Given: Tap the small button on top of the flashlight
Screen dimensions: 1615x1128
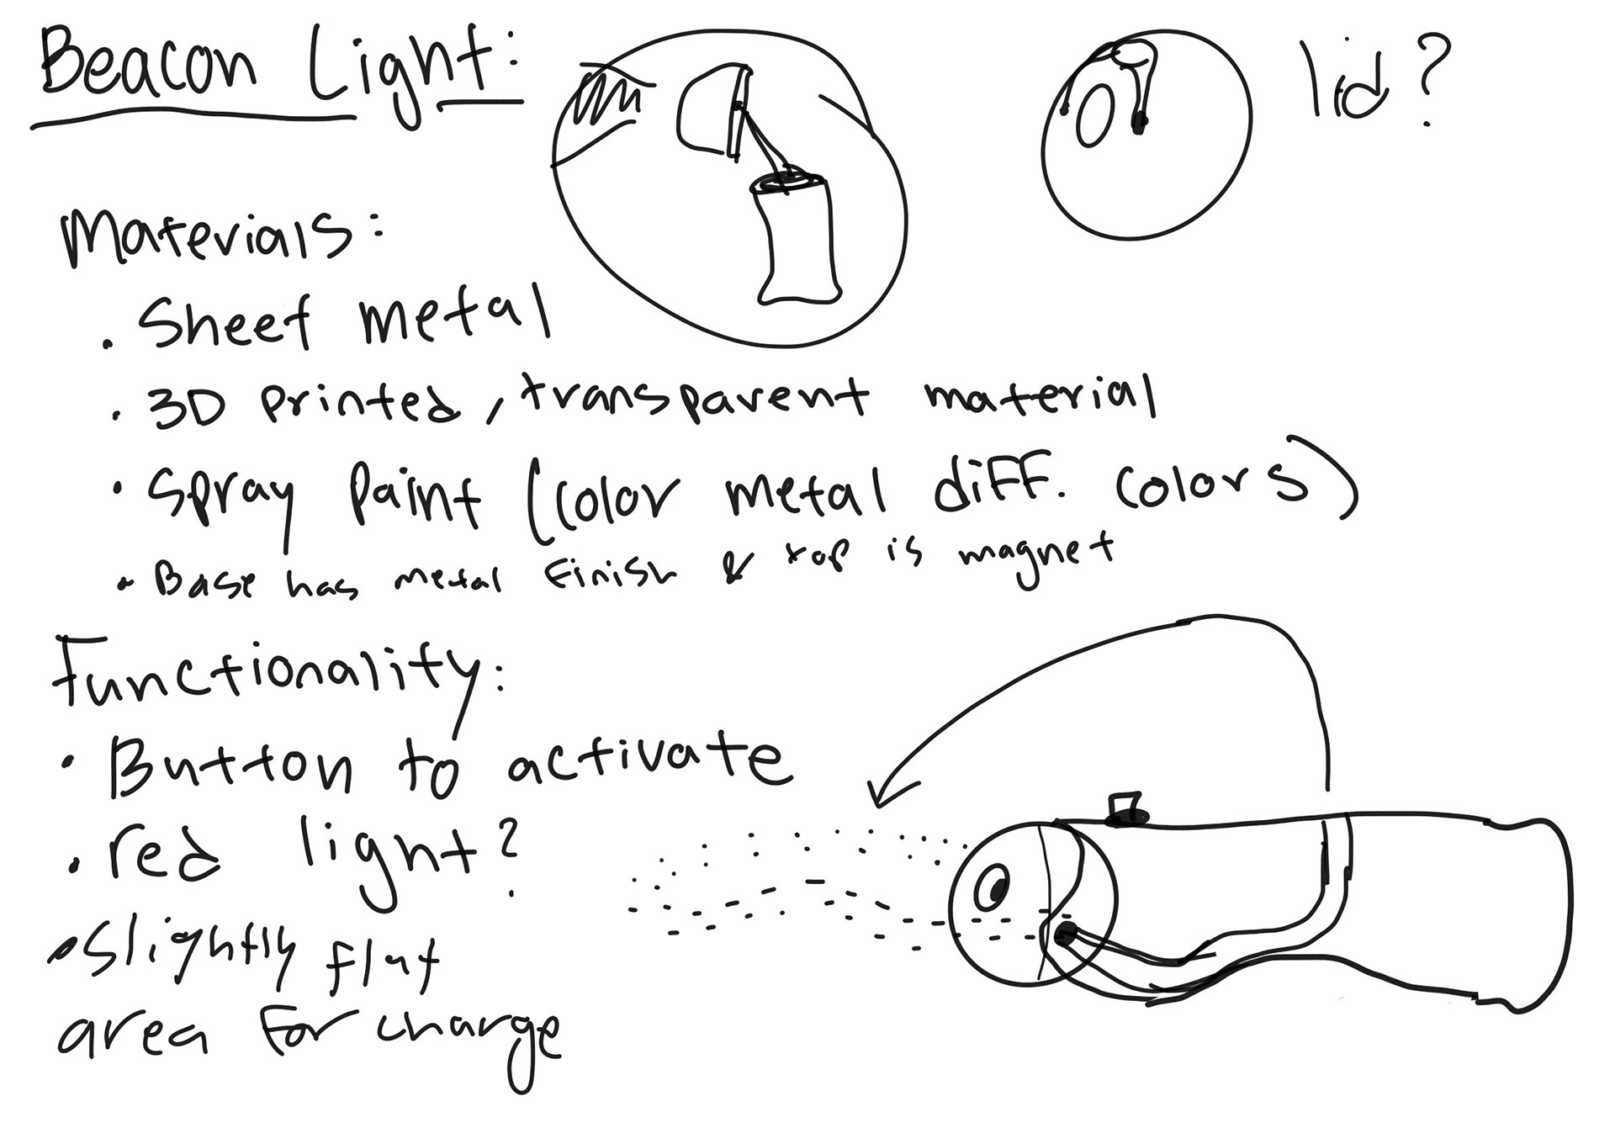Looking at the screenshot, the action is tap(1125, 808).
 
